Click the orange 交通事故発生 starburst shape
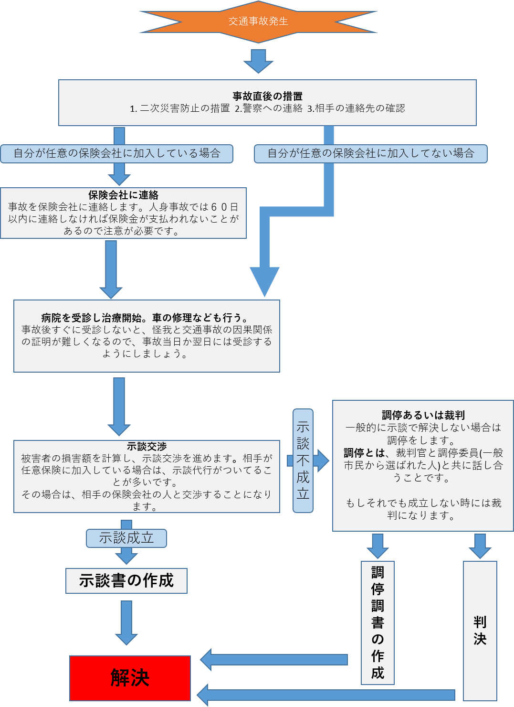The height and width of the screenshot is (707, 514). click(x=258, y=21)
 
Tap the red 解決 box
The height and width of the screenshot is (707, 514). click(x=130, y=678)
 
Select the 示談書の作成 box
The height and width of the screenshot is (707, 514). click(x=126, y=581)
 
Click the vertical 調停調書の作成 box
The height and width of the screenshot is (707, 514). click(x=378, y=622)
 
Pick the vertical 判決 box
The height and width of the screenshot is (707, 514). click(x=480, y=631)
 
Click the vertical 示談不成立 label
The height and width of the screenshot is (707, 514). click(x=303, y=461)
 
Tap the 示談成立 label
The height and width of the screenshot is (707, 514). click(x=126, y=538)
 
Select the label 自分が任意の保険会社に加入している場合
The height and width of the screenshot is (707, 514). click(x=117, y=154)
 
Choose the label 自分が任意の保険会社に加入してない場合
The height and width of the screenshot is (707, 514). click(x=370, y=154)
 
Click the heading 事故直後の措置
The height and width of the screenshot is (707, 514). click(x=267, y=96)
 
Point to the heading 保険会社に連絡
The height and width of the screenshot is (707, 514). click(x=123, y=195)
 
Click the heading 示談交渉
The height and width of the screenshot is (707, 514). click(x=147, y=447)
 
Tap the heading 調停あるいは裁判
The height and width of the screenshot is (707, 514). click(x=423, y=415)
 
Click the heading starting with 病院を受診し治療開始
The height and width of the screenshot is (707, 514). click(x=145, y=318)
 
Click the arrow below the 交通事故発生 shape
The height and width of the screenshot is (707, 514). click(x=258, y=61)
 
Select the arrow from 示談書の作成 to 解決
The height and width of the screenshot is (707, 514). click(x=126, y=622)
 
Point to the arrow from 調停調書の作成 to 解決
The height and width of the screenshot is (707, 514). click(x=274, y=660)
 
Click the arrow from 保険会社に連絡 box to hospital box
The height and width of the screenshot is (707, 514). click(x=111, y=268)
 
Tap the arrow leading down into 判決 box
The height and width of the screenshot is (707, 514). click(x=480, y=546)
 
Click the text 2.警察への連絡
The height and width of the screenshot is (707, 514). click(x=268, y=109)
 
